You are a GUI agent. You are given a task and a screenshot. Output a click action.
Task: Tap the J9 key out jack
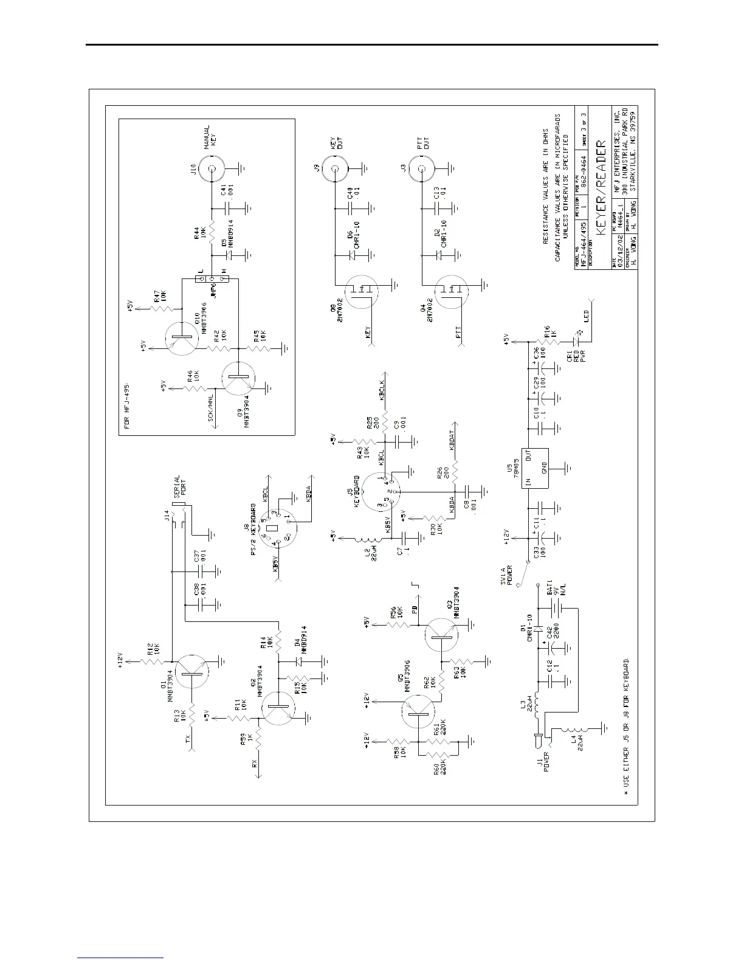[x=335, y=170]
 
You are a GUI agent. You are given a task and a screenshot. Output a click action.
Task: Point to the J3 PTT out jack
[x=421, y=170]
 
